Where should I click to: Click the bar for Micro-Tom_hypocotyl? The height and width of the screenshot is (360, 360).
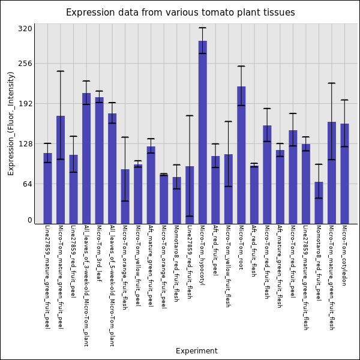pyautogui.click(x=203, y=132)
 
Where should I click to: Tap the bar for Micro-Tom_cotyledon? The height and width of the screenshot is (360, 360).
pyautogui.click(x=344, y=173)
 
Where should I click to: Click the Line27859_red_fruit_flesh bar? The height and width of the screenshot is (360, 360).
pyautogui.click(x=190, y=195)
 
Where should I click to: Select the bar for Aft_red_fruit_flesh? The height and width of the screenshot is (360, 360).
pyautogui.click(x=254, y=194)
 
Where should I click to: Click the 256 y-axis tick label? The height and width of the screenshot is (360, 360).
pyautogui.click(x=25, y=63)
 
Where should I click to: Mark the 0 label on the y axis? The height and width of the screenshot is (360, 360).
pyautogui.click(x=29, y=220)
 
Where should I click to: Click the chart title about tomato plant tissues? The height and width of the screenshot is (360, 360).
pyautogui.click(x=180, y=13)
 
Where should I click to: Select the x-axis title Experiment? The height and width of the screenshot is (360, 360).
pyautogui.click(x=196, y=351)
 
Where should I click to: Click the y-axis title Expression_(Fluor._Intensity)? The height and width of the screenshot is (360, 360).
pyautogui.click(x=11, y=123)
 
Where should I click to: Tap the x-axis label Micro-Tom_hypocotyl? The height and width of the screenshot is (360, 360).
pyautogui.click(x=202, y=255)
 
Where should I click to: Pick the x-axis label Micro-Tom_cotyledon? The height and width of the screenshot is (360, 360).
pyautogui.click(x=344, y=256)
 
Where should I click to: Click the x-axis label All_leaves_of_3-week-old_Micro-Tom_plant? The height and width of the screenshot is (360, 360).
pyautogui.click(x=86, y=286)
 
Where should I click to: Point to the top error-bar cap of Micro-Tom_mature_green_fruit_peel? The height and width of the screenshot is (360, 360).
pyautogui.click(x=61, y=71)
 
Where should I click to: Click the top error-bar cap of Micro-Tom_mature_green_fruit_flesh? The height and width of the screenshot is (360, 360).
pyautogui.click(x=331, y=83)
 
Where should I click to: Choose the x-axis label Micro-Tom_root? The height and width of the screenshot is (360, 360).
pyautogui.click(x=241, y=247)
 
